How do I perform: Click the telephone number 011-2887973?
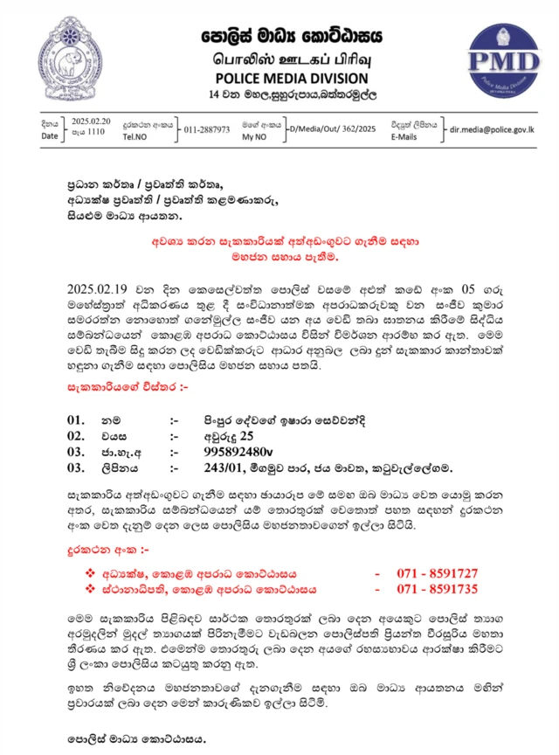pyautogui.click(x=207, y=129)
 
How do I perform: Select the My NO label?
pyautogui.click(x=254, y=137)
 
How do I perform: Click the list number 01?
pyautogui.click(x=76, y=420)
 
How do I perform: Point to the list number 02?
pyautogui.click(x=76, y=436)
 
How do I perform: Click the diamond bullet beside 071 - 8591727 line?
pyautogui.click(x=89, y=573)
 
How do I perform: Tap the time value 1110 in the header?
pyautogui.click(x=94, y=132)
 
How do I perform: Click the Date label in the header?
pyautogui.click(x=50, y=136)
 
